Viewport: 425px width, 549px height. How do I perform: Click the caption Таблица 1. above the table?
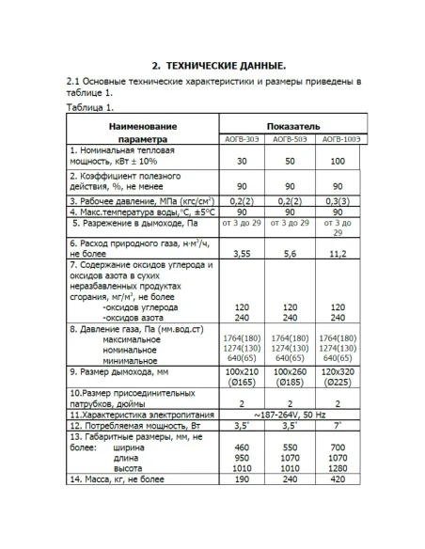pos(91,108)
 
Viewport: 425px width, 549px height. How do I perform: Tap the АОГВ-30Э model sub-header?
pos(242,139)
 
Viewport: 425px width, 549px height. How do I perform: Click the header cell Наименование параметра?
pos(142,132)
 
